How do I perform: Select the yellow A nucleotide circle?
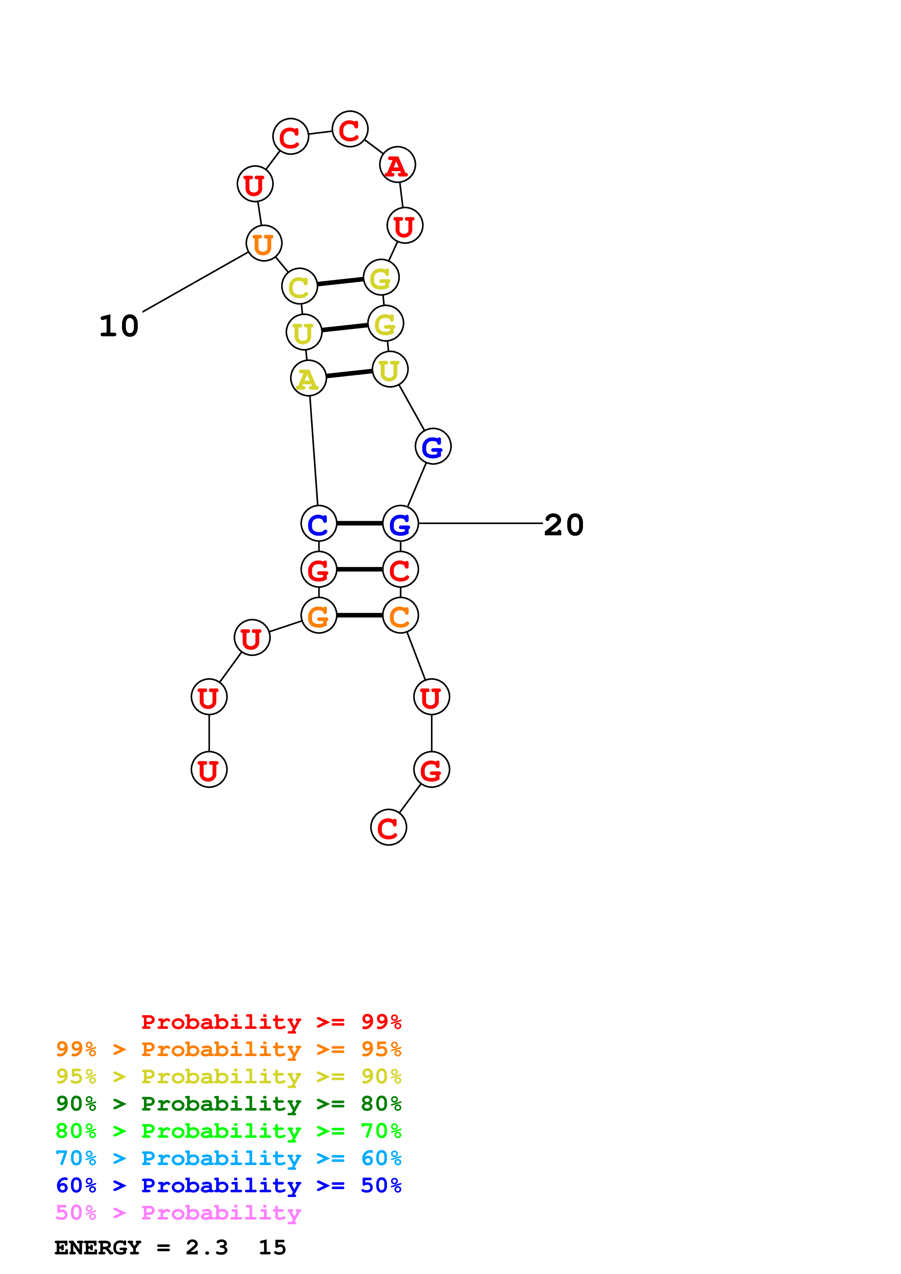[x=308, y=378]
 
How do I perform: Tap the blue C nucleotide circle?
[x=319, y=523]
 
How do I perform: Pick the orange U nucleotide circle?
[x=264, y=243]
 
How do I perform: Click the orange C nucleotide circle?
[x=400, y=615]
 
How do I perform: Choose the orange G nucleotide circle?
[x=319, y=615]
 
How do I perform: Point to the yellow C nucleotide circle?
[x=299, y=286]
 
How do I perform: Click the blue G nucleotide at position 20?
[x=400, y=523]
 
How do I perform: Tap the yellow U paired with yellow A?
[x=390, y=369]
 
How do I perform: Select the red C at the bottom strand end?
[x=388, y=827]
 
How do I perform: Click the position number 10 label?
[x=119, y=326]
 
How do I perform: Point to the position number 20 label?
[x=563, y=524]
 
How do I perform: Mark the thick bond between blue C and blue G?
[x=359, y=523]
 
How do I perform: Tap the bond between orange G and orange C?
[x=359, y=615]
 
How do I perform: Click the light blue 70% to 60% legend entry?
[x=228, y=1158]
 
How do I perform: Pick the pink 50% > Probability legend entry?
[x=178, y=1212]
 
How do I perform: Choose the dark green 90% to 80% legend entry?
[x=228, y=1104]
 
